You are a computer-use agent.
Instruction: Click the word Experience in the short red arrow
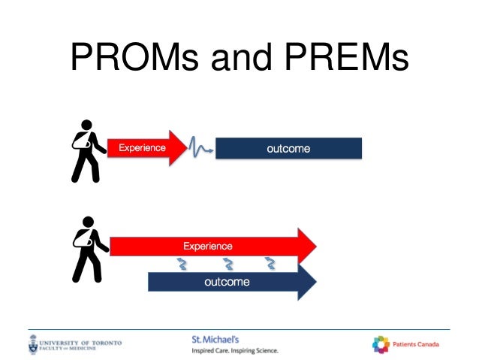[x=141, y=148]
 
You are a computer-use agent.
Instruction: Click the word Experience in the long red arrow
[x=208, y=246]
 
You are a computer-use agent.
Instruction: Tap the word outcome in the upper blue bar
[x=288, y=149]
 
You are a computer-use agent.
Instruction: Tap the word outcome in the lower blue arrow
[x=227, y=282]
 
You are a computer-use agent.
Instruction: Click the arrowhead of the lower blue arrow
[x=306, y=282]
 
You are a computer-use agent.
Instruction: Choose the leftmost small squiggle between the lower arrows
[x=182, y=264]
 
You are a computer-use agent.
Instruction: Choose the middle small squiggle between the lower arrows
[x=227, y=264]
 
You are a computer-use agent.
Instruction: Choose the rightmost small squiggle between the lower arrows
[x=270, y=264]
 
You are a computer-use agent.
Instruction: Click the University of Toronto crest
[x=34, y=345]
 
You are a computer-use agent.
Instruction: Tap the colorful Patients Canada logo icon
[x=381, y=344]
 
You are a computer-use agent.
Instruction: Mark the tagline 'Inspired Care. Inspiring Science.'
[x=234, y=350]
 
